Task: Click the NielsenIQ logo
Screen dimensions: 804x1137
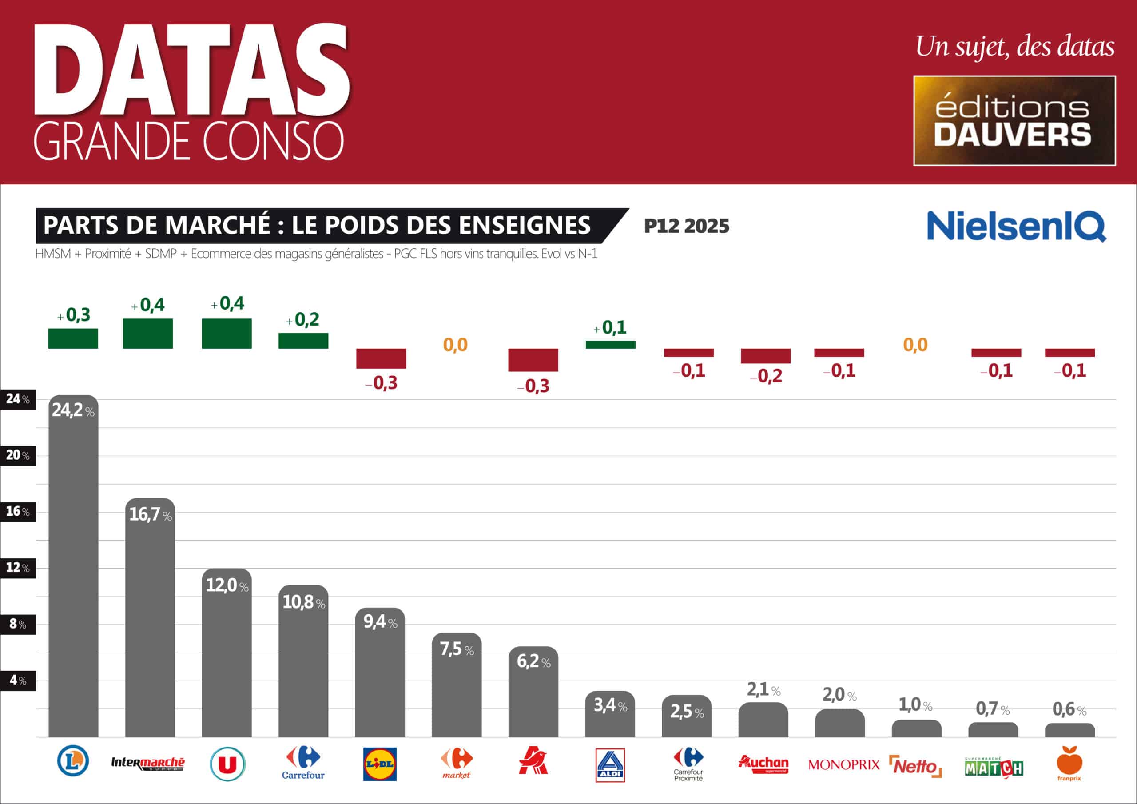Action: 1016,226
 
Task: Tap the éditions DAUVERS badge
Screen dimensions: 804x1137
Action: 1014,120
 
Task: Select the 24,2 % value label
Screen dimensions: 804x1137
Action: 73,410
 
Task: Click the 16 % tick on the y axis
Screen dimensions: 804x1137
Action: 18,512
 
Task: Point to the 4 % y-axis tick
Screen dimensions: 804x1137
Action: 18,680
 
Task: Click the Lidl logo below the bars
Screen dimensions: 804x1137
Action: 380,764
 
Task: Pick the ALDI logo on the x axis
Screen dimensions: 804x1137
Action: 610,765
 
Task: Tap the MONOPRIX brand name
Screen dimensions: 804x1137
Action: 843,765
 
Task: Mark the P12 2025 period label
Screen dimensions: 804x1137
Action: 686,227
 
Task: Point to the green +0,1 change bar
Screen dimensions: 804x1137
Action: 611,345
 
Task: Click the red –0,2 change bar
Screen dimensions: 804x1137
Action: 766,356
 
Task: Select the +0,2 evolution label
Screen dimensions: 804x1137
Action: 302,320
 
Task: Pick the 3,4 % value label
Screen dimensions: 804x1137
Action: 610,705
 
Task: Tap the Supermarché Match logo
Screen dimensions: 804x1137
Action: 994,767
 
